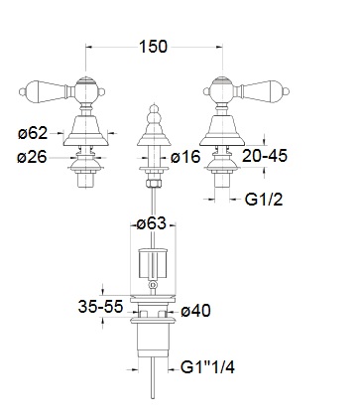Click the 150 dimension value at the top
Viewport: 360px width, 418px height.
pos(153,47)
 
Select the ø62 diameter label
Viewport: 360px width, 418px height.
pos(33,133)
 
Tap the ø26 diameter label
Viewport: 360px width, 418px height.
pos(32,157)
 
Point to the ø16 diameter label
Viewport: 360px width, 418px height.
pos(185,157)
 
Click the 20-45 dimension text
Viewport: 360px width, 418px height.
pos(265,156)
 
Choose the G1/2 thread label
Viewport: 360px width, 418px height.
pos(264,200)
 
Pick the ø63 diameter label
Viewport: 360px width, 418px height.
pos(152,223)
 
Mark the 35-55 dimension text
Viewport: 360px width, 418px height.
pos(100,307)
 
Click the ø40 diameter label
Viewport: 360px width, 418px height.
pos(195,311)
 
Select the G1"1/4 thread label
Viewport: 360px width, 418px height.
pos(207,367)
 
